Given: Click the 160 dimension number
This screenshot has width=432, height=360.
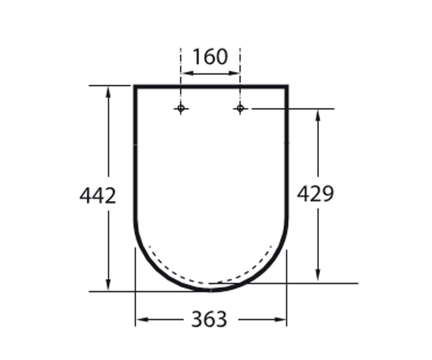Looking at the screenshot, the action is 210,57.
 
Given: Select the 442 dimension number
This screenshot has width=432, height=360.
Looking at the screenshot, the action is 98,195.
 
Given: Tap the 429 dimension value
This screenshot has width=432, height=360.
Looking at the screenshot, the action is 315,194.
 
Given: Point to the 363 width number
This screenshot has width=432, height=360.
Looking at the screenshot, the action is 209,319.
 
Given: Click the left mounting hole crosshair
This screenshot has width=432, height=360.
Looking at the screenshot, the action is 181,108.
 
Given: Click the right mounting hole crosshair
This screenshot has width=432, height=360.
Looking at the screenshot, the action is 240,108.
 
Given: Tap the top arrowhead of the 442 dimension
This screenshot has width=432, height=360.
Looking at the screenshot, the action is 108,92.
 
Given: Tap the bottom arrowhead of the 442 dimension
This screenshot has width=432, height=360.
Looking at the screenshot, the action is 108,285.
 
